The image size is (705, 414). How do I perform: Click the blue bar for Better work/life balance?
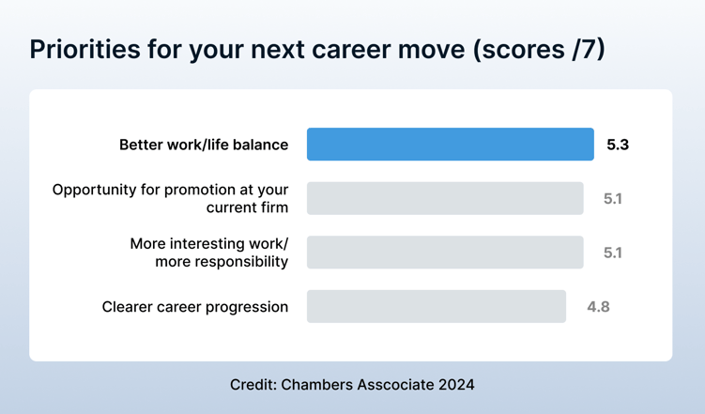(450, 145)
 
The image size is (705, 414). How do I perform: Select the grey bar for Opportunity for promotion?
(444, 198)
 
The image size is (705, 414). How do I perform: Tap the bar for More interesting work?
(444, 253)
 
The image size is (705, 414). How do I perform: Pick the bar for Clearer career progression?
(436, 307)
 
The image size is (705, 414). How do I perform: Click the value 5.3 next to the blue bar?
(617, 145)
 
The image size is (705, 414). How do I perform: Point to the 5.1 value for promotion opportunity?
(612, 199)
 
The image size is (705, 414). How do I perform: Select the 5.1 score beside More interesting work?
(612, 253)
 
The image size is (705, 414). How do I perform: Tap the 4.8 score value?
(598, 307)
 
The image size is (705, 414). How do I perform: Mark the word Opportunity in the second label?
(94, 190)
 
